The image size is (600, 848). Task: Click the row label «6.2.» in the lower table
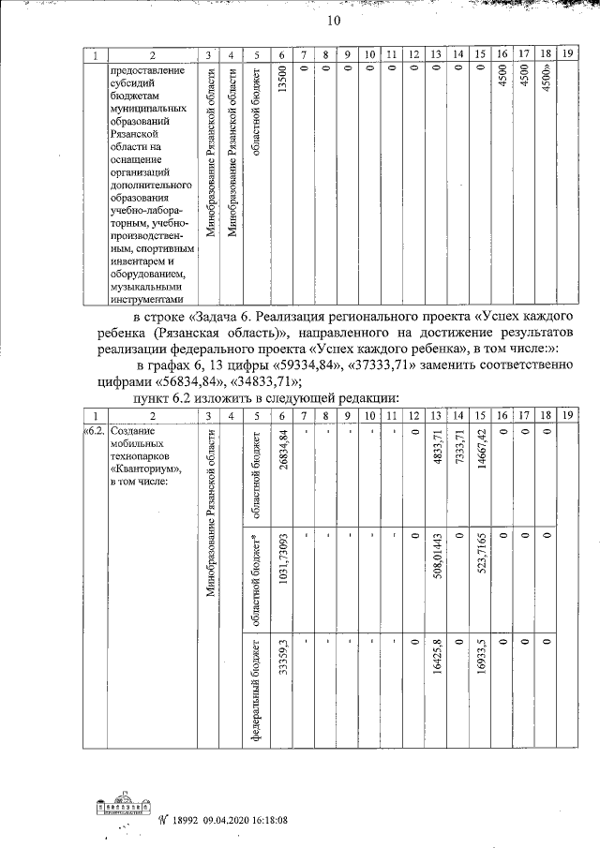coord(95,430)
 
